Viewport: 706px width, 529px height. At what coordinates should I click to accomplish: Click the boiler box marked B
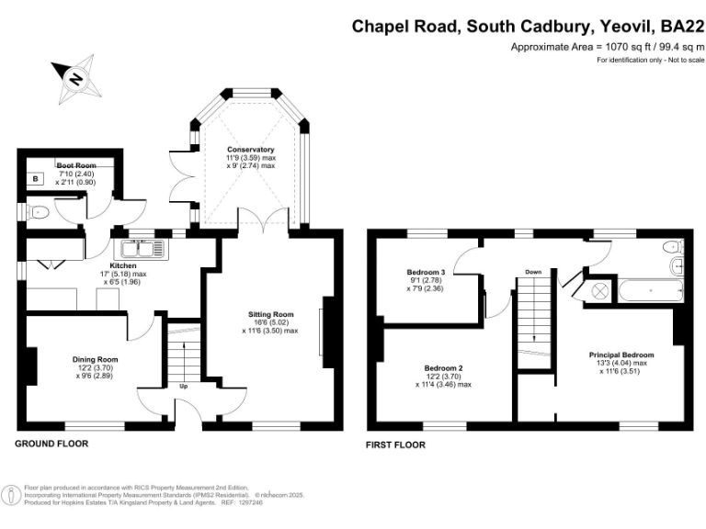pos(36,180)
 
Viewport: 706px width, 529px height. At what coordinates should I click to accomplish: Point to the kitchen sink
pos(140,248)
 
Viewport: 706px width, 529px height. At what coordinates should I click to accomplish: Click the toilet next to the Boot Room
pos(36,213)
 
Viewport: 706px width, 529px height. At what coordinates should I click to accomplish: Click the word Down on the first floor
pos(533,273)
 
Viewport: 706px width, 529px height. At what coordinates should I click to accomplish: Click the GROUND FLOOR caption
pos(51,444)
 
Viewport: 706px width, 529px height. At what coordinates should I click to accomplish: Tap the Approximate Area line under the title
pos(608,47)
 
